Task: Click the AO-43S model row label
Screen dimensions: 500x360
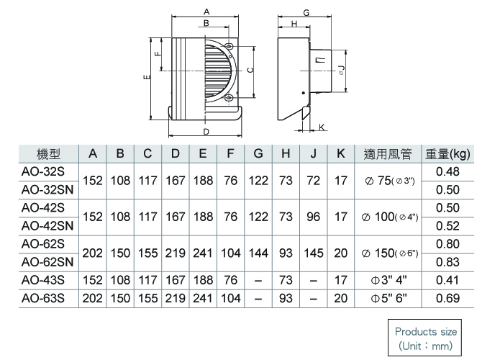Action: (x=43, y=280)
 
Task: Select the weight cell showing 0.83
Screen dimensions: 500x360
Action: (x=447, y=262)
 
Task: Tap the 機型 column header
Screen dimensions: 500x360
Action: (x=48, y=154)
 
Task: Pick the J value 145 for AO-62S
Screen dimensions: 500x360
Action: (x=314, y=253)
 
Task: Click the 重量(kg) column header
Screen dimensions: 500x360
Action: (x=447, y=155)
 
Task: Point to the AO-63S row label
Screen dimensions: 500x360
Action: (x=43, y=298)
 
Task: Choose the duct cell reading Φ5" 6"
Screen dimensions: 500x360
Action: (x=388, y=298)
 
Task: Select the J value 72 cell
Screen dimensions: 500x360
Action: (x=313, y=181)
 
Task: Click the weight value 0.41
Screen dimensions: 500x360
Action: (x=447, y=280)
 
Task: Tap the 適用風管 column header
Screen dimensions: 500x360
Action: (x=388, y=154)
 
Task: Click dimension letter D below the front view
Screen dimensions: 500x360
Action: (x=206, y=132)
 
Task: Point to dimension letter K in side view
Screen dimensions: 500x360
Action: (x=322, y=127)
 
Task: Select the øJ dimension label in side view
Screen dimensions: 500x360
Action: (x=341, y=70)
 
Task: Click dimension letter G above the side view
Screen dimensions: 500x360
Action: (x=306, y=13)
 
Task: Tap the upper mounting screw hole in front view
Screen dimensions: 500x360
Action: (x=229, y=47)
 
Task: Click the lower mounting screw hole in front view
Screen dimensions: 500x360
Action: (x=229, y=99)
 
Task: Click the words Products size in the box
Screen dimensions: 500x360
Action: (x=426, y=332)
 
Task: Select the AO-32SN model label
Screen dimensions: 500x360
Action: (x=47, y=190)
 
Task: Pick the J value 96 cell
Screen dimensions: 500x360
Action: (x=313, y=217)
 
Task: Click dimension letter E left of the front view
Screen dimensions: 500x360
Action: (x=147, y=77)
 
